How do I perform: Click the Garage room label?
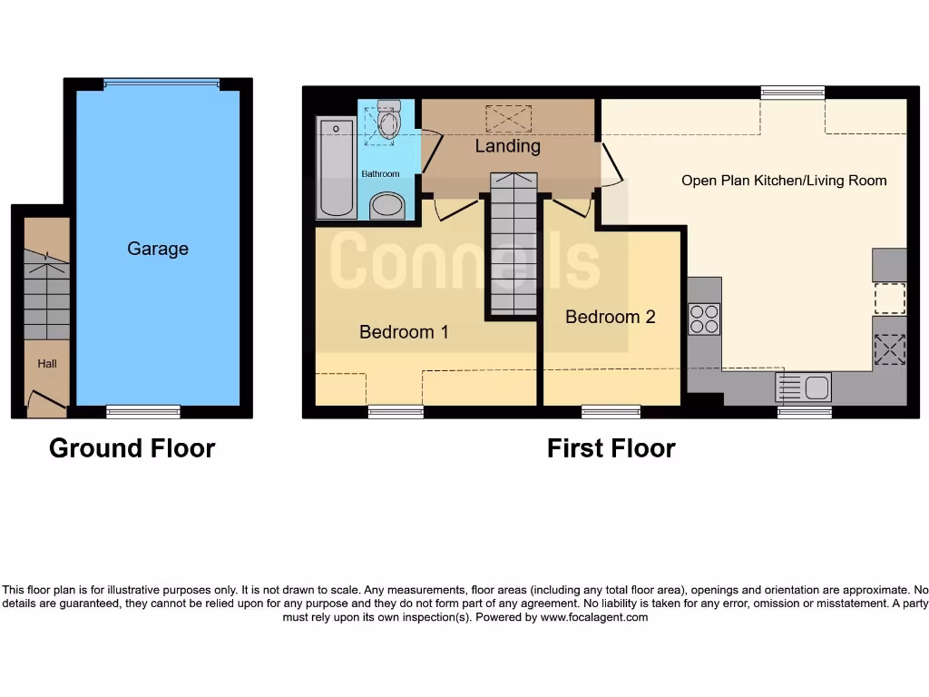158,249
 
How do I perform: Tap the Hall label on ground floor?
47,364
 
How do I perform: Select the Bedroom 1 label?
404,332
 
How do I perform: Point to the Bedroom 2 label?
610,317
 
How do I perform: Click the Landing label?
508,146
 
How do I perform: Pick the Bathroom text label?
380,174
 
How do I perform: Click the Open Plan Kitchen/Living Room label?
784,181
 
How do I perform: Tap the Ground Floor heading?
132,448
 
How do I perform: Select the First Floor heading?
611,448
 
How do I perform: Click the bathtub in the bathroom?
336,168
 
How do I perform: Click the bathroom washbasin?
387,205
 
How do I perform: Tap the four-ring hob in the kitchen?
704,319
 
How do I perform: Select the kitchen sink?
804,388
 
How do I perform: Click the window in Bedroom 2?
611,412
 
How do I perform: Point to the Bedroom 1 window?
396,412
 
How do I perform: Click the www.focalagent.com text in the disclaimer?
594,617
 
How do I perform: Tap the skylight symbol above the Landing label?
509,118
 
